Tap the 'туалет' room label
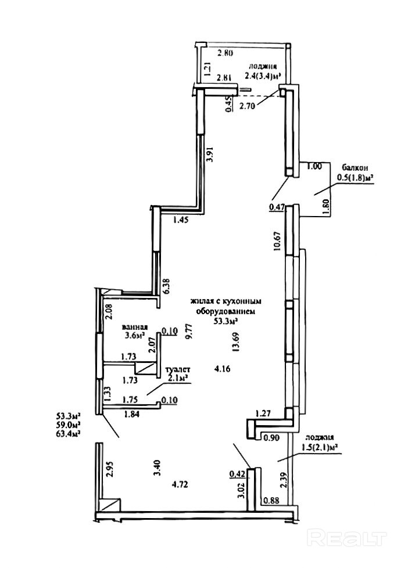[178, 369]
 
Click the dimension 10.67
[278, 239]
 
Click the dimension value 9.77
[187, 332]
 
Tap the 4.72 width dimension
[182, 484]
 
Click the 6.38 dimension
[167, 286]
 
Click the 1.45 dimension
[182, 220]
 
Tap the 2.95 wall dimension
[109, 468]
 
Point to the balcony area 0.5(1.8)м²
[355, 178]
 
